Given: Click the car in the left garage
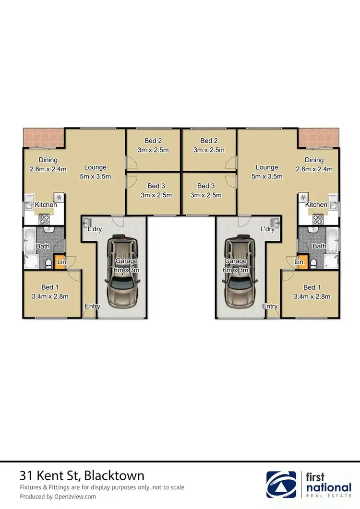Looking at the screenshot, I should [123, 272].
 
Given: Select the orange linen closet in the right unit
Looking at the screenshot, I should [301, 262].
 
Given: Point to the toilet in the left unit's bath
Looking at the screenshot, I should [49, 263].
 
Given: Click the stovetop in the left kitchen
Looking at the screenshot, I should [45, 219].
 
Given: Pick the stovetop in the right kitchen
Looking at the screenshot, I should [317, 219].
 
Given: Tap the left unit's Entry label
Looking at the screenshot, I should [92, 306].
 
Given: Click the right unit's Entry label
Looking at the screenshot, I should [270, 306].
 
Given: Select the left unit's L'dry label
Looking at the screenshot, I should [94, 229].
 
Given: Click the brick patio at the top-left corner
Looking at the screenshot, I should [44, 138].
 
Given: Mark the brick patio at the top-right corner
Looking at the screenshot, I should [318, 138].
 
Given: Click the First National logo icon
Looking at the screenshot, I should [283, 486].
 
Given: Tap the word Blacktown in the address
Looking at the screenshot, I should [115, 476].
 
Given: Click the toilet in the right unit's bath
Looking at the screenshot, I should [313, 263].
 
